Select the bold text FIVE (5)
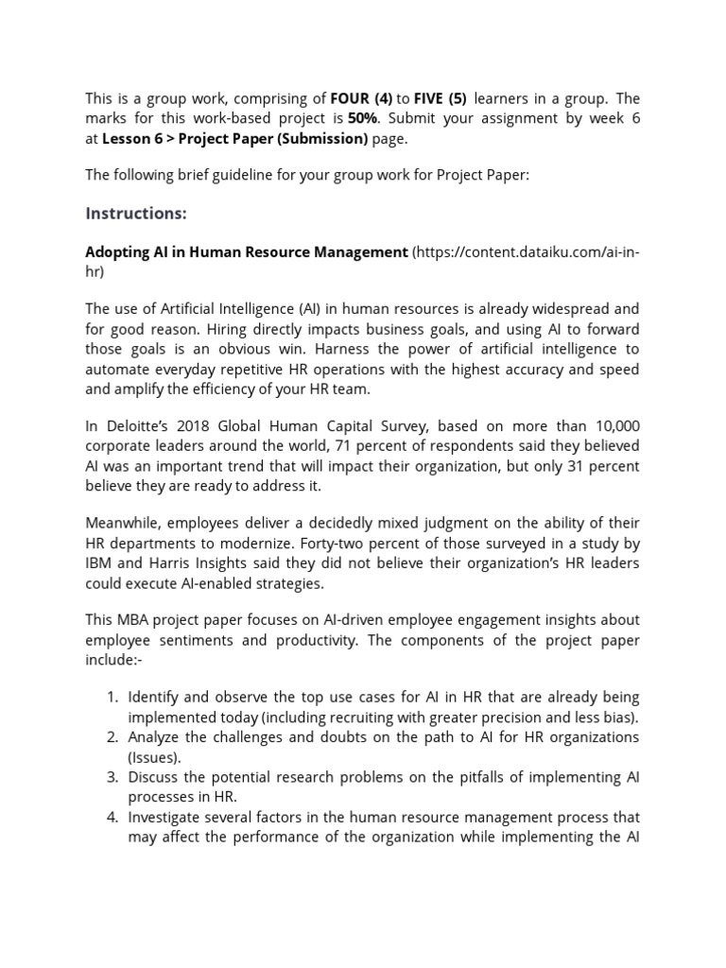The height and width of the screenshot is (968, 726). click(x=440, y=99)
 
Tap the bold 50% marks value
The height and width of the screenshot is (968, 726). click(x=361, y=118)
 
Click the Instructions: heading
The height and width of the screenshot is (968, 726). click(x=136, y=214)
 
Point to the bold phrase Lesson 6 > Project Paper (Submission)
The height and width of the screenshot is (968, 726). click(x=234, y=138)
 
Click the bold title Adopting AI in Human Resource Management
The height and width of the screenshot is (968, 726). click(x=247, y=252)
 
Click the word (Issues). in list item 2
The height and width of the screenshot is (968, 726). click(x=154, y=757)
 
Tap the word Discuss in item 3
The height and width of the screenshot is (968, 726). click(x=153, y=777)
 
